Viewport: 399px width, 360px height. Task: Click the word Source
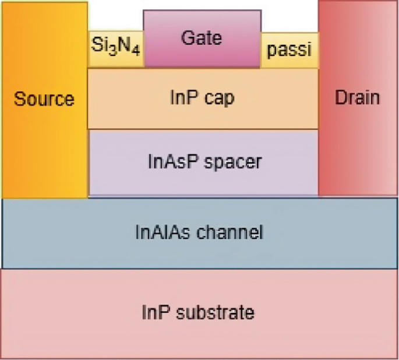44,99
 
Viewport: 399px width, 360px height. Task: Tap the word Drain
356,97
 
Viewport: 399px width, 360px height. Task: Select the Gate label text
202,38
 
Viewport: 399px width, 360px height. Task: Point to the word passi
289,50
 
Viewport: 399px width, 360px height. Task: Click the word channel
230,232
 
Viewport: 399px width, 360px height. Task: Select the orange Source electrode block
44,146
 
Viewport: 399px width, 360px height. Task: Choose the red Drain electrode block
356,146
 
